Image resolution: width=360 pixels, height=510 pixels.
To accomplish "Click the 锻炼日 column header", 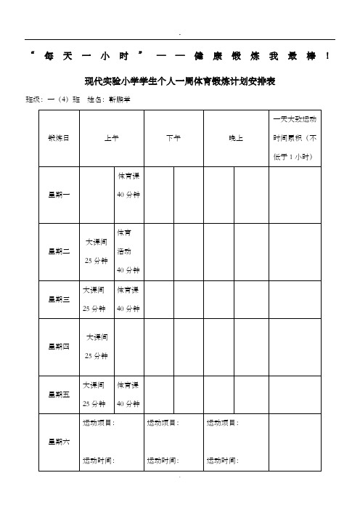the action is (58, 137).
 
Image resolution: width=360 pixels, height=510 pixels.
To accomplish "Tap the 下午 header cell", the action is (173, 137).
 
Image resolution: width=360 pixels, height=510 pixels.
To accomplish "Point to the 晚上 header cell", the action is (236, 137).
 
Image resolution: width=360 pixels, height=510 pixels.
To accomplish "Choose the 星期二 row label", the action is (58, 251).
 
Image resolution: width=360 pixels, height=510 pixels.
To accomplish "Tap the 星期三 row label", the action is (58, 299).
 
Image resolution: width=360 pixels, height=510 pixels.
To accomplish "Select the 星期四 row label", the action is (58, 347).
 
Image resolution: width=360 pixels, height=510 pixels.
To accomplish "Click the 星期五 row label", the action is (58, 394).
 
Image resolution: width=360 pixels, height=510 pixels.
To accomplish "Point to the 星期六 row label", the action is (58, 441).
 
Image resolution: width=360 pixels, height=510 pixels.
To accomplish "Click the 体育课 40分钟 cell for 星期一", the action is (128, 185).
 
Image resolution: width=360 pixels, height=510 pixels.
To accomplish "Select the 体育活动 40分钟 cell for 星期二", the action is (128, 251).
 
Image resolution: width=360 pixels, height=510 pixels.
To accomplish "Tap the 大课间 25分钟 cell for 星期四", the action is (97, 347).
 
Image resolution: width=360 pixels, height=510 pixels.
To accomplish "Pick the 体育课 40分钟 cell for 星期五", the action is (128, 393).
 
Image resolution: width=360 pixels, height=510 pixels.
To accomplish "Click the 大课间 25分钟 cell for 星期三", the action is (96, 299).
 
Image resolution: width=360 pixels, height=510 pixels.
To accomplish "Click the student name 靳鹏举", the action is (119, 99).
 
